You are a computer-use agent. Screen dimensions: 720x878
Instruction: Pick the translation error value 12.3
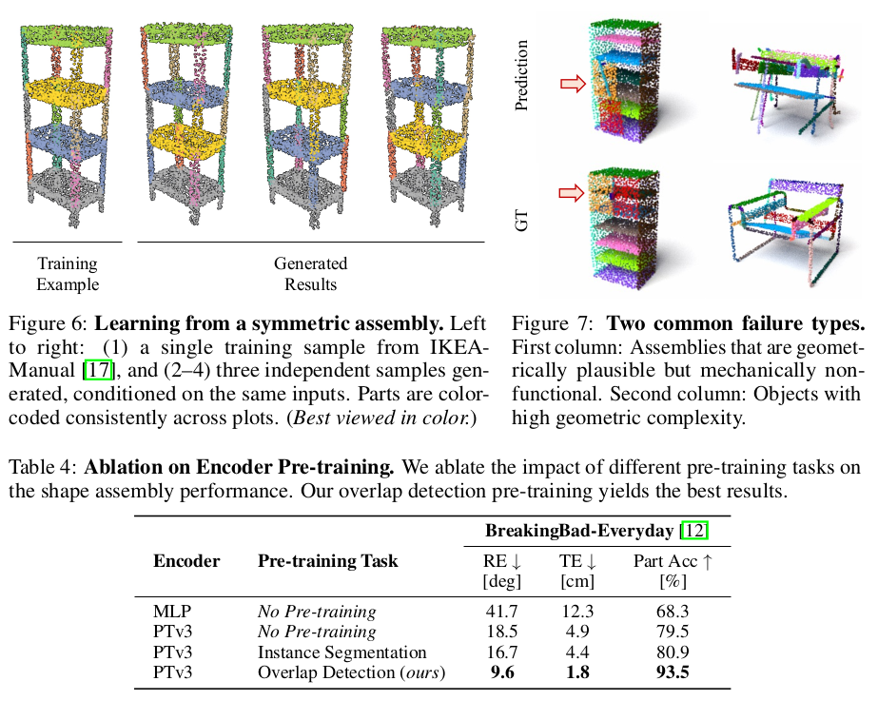pos(576,612)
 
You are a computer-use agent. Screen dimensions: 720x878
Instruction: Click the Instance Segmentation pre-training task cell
pos(341,652)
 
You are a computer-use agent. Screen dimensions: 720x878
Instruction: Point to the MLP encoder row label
pos(171,612)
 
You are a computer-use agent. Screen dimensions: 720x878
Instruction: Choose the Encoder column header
pos(185,561)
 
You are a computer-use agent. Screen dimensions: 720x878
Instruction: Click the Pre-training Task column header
pos(327,561)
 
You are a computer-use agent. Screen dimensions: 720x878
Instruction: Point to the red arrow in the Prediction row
pos(574,86)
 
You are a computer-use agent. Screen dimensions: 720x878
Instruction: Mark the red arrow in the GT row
pos(574,193)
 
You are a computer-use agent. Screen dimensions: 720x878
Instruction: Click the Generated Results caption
pos(310,273)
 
